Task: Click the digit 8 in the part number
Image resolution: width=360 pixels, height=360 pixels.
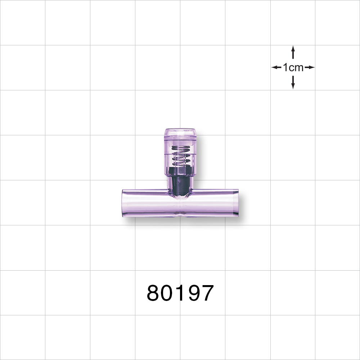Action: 154,293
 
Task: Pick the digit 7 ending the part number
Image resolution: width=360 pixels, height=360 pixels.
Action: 207,293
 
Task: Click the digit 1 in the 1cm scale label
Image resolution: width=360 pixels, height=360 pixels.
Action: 285,67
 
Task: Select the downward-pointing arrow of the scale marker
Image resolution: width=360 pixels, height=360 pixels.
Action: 293,83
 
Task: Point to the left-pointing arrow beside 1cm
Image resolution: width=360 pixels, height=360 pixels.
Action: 276,67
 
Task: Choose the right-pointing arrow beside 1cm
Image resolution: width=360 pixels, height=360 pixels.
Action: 310,67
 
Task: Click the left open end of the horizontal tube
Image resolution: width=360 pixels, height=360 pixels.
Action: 124,204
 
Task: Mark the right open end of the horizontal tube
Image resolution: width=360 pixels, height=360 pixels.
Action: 237,203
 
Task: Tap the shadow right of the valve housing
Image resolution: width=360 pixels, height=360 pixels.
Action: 199,158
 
